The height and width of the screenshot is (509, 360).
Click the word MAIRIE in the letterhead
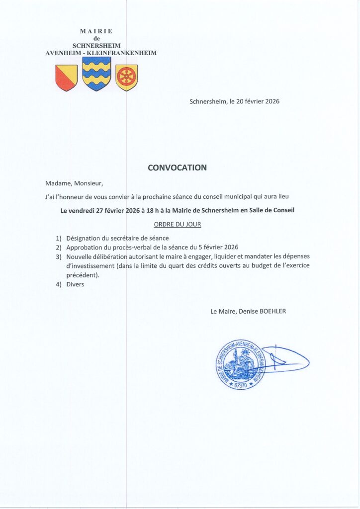[x=96, y=31]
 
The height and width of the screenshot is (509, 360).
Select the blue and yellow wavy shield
[x=96, y=74]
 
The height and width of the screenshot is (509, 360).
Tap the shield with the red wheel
[x=126, y=78]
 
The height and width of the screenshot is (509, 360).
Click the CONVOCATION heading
[x=177, y=168]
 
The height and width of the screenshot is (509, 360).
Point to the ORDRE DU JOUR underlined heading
[x=177, y=224]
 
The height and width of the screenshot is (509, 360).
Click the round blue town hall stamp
[x=241, y=364]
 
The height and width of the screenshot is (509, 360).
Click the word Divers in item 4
[x=76, y=284]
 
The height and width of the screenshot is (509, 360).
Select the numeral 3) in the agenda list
[x=59, y=256]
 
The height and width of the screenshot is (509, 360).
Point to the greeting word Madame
[x=58, y=183]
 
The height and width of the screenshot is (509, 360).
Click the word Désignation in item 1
[x=84, y=238]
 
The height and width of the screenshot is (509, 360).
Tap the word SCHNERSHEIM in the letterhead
[x=96, y=45]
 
